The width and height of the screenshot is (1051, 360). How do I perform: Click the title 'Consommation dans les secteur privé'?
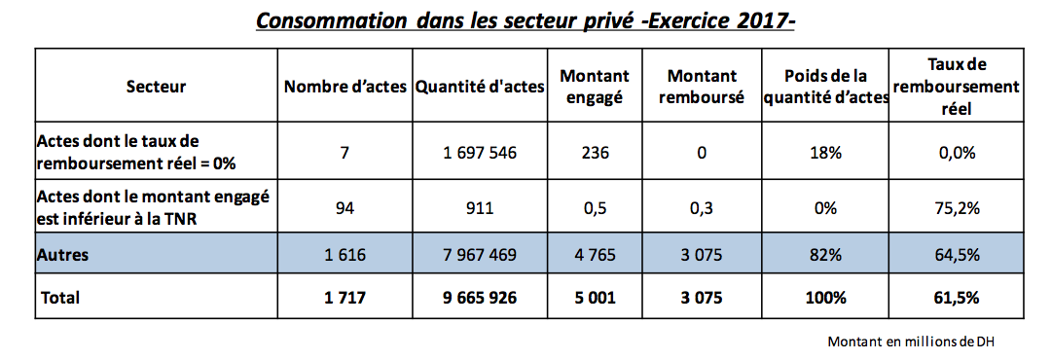coord(525,20)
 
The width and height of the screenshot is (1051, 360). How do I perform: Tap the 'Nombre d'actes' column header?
coord(344,87)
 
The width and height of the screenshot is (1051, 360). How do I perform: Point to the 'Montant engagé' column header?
coord(596,86)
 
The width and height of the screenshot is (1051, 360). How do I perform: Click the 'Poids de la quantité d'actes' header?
coord(836,86)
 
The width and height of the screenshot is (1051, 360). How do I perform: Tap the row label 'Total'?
coord(58,298)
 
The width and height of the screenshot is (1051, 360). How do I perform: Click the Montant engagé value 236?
coord(596,153)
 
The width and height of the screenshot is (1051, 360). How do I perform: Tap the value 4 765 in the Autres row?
coord(596,256)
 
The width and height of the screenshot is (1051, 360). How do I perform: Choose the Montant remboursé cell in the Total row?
coord(702,298)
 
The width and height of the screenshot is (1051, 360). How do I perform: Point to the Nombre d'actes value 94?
coord(344,206)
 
